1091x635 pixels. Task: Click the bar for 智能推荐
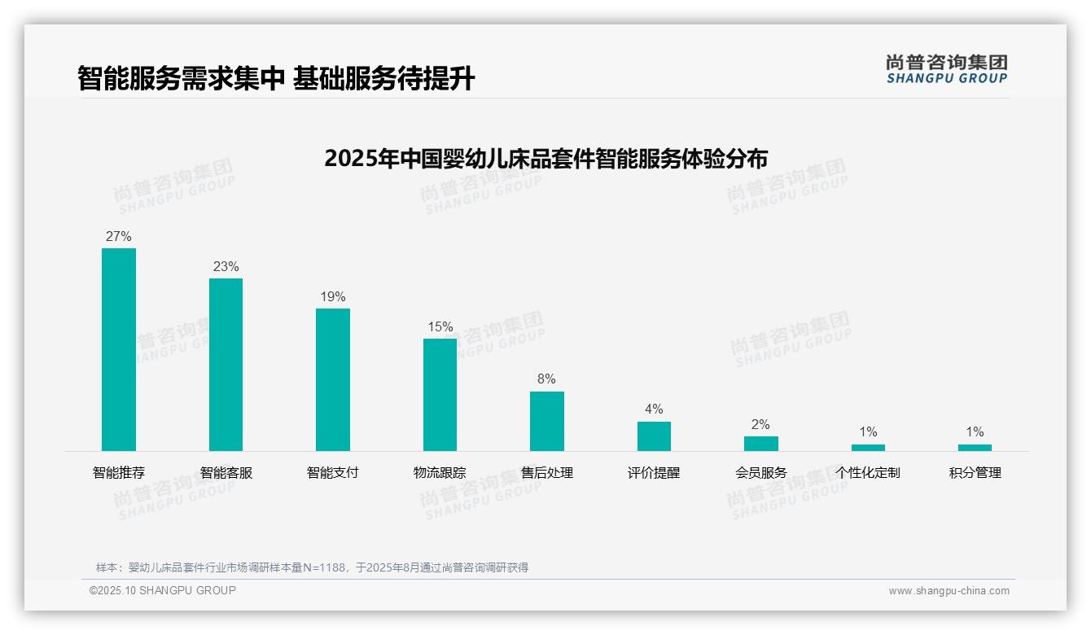[x=119, y=349]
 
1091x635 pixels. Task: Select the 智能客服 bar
[x=226, y=364]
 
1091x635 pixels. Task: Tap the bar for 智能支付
[x=333, y=379]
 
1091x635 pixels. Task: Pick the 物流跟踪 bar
[x=440, y=394]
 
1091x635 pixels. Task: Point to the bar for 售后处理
[x=546, y=421]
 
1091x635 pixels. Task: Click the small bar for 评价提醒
[x=654, y=436]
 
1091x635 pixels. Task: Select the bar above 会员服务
[x=760, y=444]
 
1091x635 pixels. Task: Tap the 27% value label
[x=119, y=237]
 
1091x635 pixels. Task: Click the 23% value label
[x=226, y=267]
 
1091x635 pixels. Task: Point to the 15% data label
[x=440, y=327]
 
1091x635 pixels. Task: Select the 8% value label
[x=546, y=379]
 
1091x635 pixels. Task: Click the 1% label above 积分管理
[x=975, y=432]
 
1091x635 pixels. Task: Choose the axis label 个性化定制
[x=868, y=473]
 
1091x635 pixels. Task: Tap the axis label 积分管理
[x=975, y=473]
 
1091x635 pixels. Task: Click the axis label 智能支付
[x=333, y=473]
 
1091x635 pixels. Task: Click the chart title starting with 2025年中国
[x=545, y=159]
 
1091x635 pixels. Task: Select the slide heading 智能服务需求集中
[x=276, y=79]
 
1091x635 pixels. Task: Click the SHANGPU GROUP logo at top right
[x=946, y=69]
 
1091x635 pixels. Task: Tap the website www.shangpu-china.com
[x=949, y=591]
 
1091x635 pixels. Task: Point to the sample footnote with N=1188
[x=313, y=567]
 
